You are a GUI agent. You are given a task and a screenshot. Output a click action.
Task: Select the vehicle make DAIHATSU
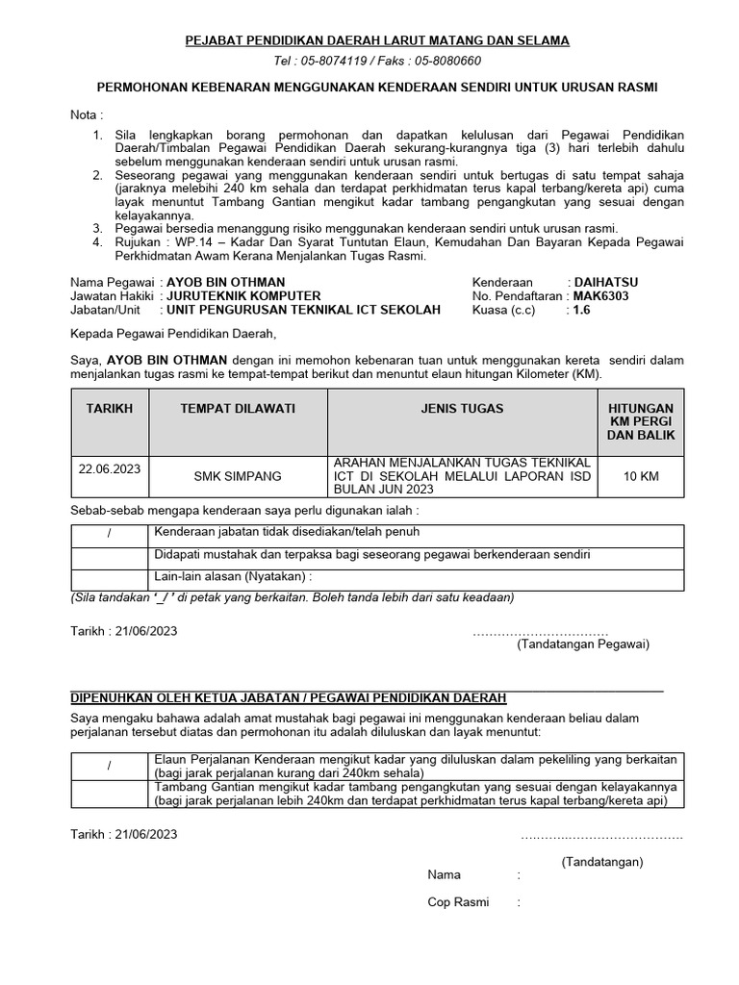tap(606, 282)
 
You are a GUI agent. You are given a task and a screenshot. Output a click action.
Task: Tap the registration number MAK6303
tap(601, 296)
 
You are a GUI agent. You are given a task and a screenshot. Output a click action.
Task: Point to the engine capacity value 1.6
tap(583, 311)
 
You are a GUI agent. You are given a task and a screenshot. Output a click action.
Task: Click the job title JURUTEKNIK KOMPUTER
tap(243, 296)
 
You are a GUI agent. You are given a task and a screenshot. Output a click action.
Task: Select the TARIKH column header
tap(110, 409)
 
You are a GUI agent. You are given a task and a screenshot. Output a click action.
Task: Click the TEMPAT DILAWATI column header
tap(238, 409)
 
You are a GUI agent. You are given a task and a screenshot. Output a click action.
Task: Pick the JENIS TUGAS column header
tap(462, 409)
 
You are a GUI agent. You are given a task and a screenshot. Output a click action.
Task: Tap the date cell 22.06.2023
tap(110, 468)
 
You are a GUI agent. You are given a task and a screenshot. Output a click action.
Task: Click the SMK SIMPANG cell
tap(238, 476)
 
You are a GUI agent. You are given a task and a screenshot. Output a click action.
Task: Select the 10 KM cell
tap(641, 476)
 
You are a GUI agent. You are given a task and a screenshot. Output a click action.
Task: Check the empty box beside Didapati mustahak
tap(110, 556)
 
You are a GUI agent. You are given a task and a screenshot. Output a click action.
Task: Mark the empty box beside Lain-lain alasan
tap(110, 578)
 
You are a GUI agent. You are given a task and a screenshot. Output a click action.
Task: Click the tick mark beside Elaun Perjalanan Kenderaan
tap(110, 766)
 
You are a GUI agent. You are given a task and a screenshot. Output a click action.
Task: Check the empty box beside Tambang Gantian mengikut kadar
tap(110, 794)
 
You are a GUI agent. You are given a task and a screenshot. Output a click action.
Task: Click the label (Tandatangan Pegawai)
tap(583, 644)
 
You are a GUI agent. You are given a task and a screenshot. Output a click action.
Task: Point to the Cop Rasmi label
tap(458, 902)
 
